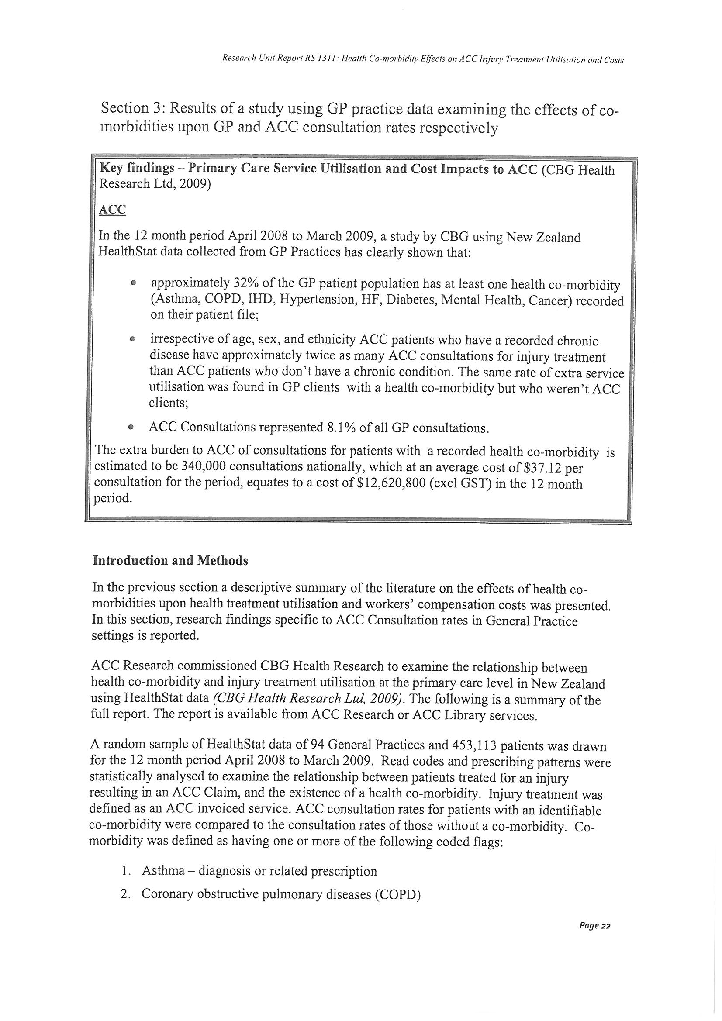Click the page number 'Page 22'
click(x=594, y=926)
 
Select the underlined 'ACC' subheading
click(x=112, y=210)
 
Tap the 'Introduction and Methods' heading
click(x=170, y=561)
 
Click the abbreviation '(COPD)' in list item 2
click(x=397, y=895)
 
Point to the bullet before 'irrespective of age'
click(x=132, y=340)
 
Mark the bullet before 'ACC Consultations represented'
click(x=130, y=427)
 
